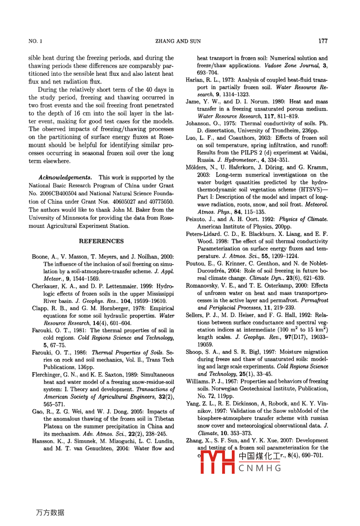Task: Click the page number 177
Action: tap(323, 41)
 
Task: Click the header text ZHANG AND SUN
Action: tap(178, 41)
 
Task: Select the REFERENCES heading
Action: tap(101, 241)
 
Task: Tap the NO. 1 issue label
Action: tap(35, 41)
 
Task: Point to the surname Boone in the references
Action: tap(40, 257)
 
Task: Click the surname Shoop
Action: tap(194, 352)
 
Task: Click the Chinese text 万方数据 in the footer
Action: tap(50, 512)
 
